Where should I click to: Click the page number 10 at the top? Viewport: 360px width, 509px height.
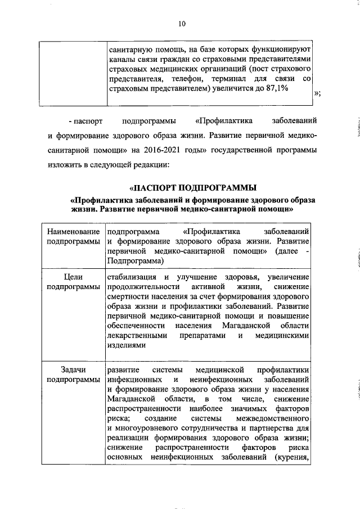[x=181, y=24]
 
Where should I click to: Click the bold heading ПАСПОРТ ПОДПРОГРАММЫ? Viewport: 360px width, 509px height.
[x=193, y=187]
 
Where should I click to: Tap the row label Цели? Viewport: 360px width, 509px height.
[x=74, y=277]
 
